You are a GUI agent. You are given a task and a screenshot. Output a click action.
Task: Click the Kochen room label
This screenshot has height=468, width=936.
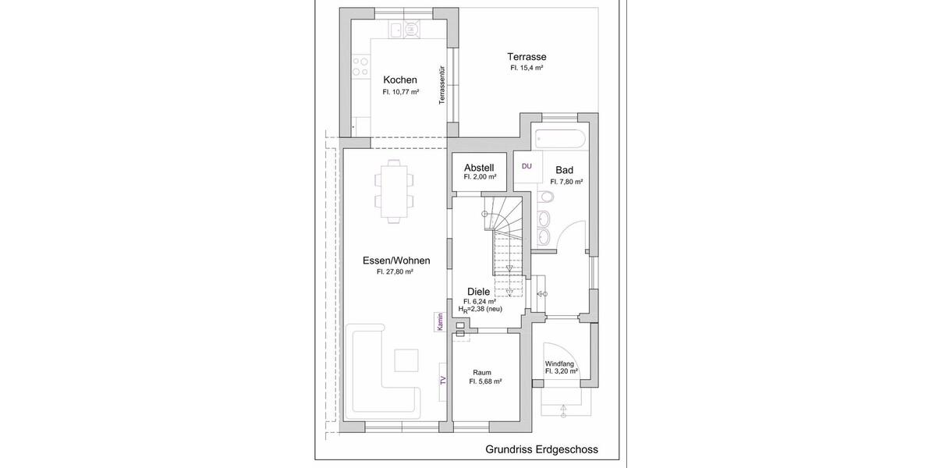400,80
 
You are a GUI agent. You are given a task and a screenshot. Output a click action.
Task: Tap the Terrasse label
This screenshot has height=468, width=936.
526,57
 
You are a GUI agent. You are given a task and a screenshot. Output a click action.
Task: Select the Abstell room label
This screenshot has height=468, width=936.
479,168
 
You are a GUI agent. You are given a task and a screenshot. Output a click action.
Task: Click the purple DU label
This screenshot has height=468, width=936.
526,166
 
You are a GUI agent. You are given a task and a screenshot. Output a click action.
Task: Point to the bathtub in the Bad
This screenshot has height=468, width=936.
559,140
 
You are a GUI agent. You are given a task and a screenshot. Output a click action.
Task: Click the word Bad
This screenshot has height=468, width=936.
565,170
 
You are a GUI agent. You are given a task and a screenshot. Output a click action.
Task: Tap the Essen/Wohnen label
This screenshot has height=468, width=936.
396,261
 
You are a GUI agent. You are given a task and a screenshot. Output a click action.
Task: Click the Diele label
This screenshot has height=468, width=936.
478,291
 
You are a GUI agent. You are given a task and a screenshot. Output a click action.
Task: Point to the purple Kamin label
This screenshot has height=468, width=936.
440,322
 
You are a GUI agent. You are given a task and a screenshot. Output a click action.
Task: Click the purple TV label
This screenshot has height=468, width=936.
442,381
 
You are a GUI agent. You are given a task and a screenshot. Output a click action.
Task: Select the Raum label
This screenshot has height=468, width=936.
482,372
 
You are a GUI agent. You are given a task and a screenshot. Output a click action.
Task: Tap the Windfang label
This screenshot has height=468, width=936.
560,363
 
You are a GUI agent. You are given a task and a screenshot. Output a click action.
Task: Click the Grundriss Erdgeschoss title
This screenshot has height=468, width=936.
541,449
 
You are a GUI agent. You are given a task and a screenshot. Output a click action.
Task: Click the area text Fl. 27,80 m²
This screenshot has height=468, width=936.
395,272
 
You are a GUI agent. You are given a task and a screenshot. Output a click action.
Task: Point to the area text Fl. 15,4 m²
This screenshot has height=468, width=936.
526,68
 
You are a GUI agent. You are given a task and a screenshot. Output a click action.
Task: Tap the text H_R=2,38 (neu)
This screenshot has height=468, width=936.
480,309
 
